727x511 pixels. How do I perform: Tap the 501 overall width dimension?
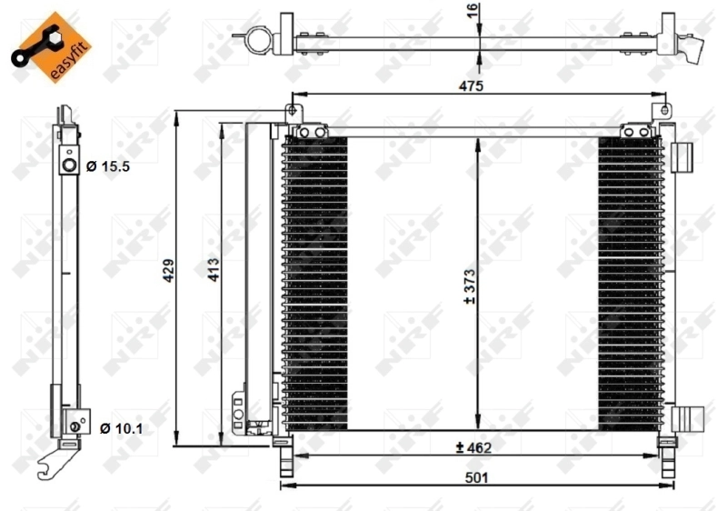pyautogui.click(x=478, y=476)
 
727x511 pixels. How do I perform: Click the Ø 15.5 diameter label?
pyautogui.click(x=109, y=166)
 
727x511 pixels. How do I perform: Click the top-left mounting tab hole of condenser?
pyautogui.click(x=293, y=113)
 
